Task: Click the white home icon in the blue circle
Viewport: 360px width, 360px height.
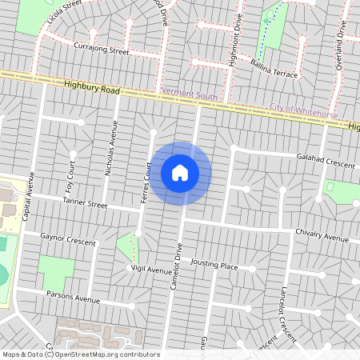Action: (x=180, y=172)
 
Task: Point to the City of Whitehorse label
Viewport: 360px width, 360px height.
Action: (x=299, y=106)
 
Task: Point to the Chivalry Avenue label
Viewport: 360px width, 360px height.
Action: (x=323, y=236)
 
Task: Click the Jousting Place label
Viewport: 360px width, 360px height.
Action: (x=214, y=265)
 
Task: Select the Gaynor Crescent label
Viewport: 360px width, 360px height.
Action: (x=67, y=239)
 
